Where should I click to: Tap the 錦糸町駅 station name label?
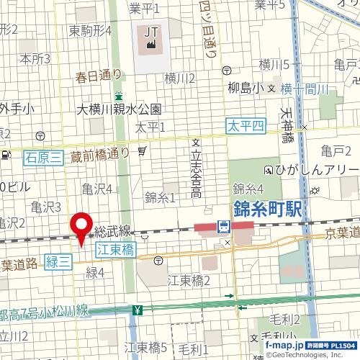click(x=268, y=210)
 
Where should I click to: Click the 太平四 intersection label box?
click(x=246, y=126)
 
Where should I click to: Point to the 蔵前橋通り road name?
click(x=101, y=153)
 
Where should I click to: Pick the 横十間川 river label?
click(x=305, y=89)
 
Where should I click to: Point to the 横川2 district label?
click(x=180, y=78)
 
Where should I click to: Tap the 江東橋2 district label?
click(x=189, y=280)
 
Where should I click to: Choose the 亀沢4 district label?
click(x=96, y=189)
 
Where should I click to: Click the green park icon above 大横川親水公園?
click(x=119, y=95)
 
